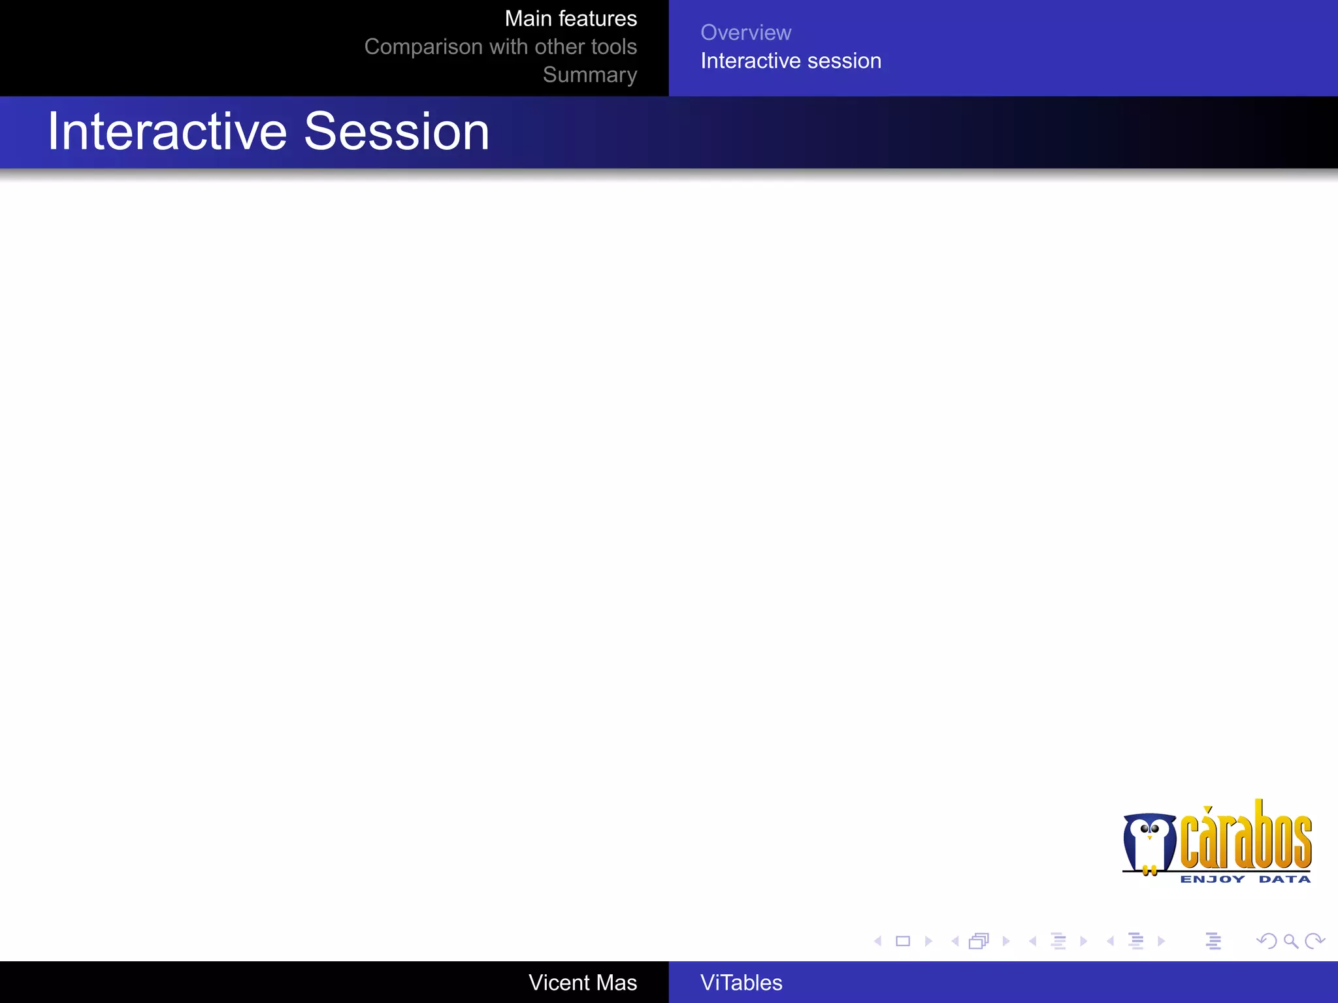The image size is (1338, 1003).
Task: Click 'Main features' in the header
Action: [570, 19]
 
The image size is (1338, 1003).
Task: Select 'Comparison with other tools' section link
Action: [500, 47]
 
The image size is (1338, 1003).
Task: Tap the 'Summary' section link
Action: [589, 75]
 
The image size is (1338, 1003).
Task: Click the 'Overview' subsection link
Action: [745, 33]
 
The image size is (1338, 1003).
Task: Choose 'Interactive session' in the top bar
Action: [791, 61]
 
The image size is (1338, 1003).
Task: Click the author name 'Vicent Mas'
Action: [582, 983]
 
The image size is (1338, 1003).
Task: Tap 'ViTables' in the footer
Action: [741, 983]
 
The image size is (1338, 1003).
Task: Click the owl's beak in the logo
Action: [1149, 838]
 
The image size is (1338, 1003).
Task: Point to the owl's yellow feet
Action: [1150, 870]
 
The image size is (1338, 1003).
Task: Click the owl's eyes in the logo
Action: [1150, 829]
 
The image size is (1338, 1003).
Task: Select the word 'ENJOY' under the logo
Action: [1212, 880]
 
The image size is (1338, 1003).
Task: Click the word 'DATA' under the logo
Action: [1284, 880]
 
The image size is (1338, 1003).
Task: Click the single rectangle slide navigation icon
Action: [903, 941]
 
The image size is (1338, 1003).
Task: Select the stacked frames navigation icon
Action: [979, 941]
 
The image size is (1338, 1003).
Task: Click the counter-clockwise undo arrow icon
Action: [1266, 941]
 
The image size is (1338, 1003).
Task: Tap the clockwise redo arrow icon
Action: [1314, 941]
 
